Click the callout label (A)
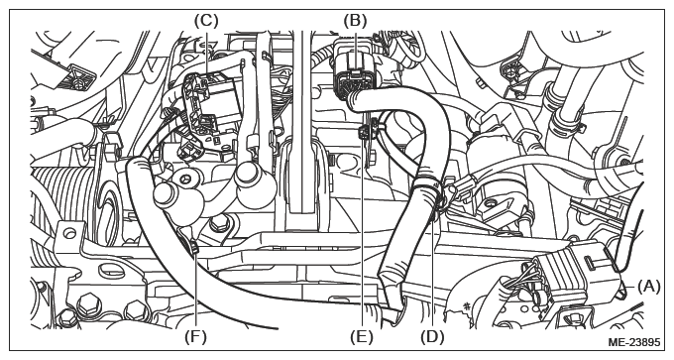(x=648, y=286)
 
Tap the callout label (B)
(x=355, y=20)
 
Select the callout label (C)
(x=206, y=20)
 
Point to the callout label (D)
(x=432, y=336)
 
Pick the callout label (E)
(x=362, y=336)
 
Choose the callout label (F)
(x=195, y=336)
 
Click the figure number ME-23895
(x=634, y=342)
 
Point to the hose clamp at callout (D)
(x=431, y=189)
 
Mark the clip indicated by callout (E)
(x=366, y=130)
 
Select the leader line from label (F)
(x=195, y=291)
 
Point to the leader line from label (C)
(x=206, y=52)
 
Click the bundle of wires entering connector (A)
(x=528, y=278)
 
